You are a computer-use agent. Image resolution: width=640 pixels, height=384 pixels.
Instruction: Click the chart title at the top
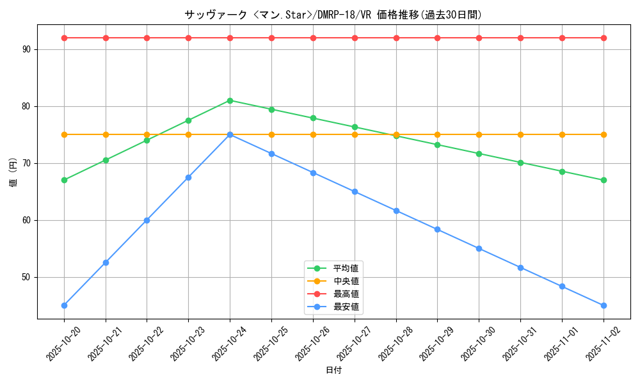tap(333, 15)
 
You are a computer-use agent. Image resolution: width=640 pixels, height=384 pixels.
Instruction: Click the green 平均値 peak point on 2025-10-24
tap(230, 100)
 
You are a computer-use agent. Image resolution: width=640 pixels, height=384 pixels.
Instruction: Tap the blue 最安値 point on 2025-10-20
tap(64, 305)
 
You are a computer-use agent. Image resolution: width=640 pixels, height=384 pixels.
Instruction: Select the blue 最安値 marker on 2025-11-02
tap(604, 305)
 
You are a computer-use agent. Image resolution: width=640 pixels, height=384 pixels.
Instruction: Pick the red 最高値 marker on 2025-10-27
tap(355, 38)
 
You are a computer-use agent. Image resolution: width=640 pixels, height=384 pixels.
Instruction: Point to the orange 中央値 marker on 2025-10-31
tap(520, 134)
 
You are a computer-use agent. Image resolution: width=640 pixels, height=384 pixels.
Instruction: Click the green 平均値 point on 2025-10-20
tap(64, 180)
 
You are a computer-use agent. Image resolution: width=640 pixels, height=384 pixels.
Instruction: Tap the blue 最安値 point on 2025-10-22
tap(147, 220)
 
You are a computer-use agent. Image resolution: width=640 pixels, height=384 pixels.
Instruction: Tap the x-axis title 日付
tap(333, 370)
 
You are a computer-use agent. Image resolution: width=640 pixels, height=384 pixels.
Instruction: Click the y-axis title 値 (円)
tap(13, 173)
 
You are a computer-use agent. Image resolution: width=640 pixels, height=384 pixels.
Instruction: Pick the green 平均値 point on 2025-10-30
tap(479, 154)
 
